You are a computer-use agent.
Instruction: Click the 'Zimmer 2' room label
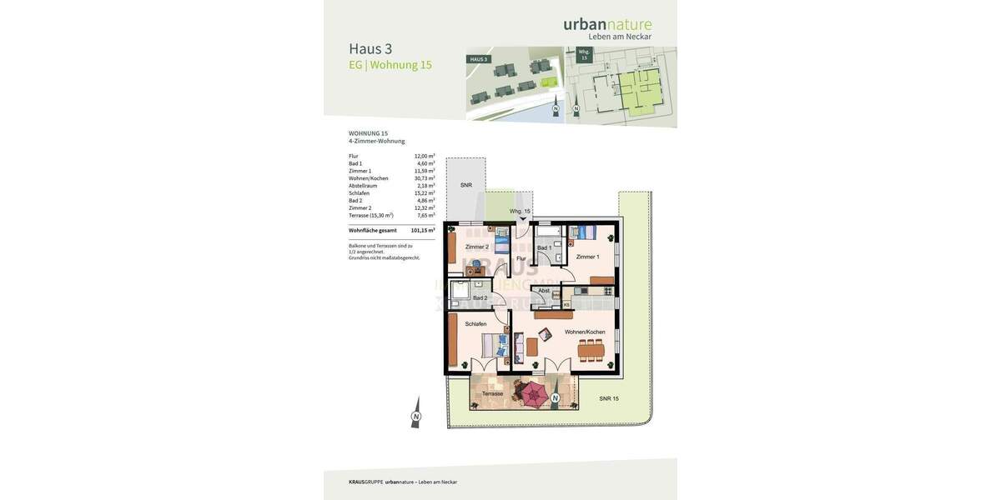pyautogui.click(x=476, y=247)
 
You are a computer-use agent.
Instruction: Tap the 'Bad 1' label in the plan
pyautogui.click(x=544, y=248)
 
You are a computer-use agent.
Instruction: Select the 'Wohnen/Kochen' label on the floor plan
pyautogui.click(x=585, y=332)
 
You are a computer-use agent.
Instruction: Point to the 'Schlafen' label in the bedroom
pyautogui.click(x=475, y=324)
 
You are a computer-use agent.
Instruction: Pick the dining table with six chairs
pyautogui.click(x=591, y=350)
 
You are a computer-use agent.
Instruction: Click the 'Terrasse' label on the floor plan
pyautogui.click(x=492, y=393)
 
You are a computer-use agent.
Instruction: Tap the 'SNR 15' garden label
pyautogui.click(x=609, y=399)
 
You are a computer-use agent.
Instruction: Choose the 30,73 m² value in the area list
pyautogui.click(x=425, y=178)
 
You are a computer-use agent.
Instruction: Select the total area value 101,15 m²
pyautogui.click(x=422, y=230)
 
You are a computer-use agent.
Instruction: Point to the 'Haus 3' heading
pyautogui.click(x=370, y=48)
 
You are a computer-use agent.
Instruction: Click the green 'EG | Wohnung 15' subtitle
pyautogui.click(x=390, y=65)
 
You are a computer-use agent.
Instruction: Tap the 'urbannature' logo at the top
pyautogui.click(x=607, y=24)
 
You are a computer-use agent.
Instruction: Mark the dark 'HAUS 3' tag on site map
pyautogui.click(x=479, y=59)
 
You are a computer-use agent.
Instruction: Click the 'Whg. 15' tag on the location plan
pyautogui.click(x=584, y=54)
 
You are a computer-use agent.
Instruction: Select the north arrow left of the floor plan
pyautogui.click(x=415, y=416)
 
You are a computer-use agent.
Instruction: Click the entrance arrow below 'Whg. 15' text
pyautogui.click(x=523, y=219)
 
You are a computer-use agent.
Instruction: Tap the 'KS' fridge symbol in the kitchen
pyautogui.click(x=566, y=305)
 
